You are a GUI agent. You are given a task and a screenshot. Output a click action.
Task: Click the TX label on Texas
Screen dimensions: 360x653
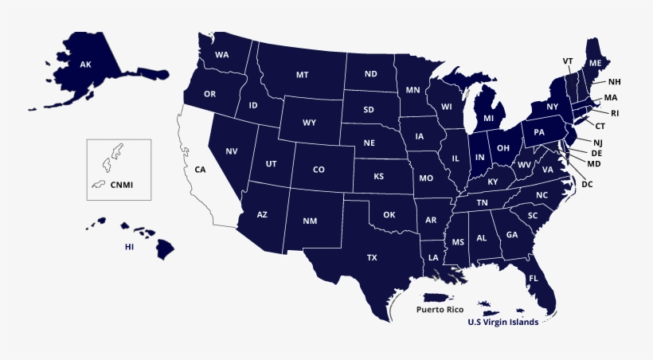pos(372,257)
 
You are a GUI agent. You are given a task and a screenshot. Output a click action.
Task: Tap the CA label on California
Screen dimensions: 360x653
pos(200,170)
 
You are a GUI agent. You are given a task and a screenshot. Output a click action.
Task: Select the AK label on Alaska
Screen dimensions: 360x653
pos(85,64)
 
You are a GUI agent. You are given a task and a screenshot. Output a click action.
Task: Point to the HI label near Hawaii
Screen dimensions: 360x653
pos(129,247)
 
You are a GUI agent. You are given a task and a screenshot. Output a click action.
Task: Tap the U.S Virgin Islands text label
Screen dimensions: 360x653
pos(502,323)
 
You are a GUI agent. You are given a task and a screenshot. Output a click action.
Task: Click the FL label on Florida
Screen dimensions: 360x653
pos(534,278)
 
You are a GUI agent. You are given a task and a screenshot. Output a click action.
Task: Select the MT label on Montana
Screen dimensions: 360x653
pos(303,74)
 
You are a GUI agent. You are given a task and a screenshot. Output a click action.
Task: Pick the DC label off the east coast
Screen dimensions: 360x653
pos(588,184)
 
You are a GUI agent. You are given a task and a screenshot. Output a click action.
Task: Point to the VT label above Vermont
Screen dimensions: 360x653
pos(568,61)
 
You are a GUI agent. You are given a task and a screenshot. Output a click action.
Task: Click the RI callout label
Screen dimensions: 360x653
pos(615,113)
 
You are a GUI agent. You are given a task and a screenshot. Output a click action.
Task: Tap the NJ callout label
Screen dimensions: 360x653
pos(598,142)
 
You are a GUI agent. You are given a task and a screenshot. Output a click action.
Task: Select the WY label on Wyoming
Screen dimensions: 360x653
pos(310,123)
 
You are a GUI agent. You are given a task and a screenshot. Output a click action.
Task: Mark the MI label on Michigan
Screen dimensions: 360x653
pos(489,118)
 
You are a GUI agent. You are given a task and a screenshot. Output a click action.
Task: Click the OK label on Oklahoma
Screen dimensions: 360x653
pos(389,214)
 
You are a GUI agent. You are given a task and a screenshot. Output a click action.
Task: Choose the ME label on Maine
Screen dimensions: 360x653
pos(595,62)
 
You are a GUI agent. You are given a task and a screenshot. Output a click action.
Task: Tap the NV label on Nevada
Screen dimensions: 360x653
pos(232,151)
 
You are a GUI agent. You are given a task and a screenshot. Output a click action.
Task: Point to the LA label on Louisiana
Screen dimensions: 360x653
pos(433,257)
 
